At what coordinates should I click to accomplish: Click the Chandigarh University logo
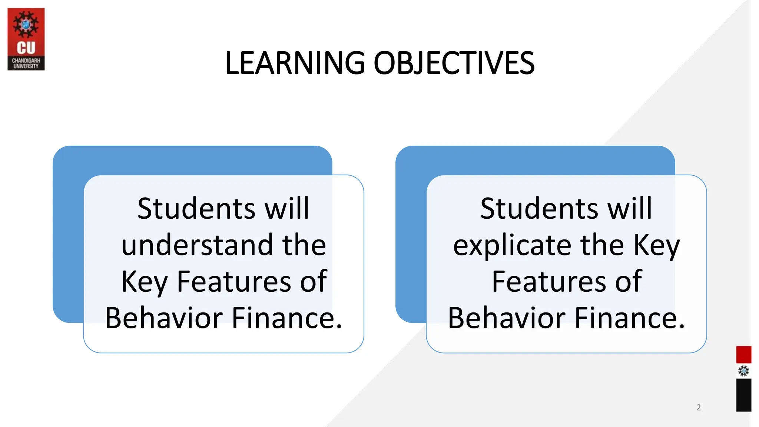[x=26, y=39]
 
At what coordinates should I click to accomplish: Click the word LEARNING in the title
[x=295, y=63]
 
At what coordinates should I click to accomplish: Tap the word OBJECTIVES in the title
[x=454, y=63]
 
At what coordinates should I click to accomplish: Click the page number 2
[x=698, y=407]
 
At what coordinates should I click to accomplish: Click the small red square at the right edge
[x=743, y=354]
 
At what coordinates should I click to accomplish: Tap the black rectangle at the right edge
[x=743, y=395]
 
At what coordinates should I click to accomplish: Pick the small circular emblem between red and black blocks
[x=743, y=371]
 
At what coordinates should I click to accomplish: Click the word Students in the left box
[x=196, y=208]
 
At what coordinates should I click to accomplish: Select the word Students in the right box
[x=539, y=208]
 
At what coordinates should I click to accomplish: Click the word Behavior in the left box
[x=164, y=318]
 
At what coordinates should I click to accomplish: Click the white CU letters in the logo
[x=26, y=48]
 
